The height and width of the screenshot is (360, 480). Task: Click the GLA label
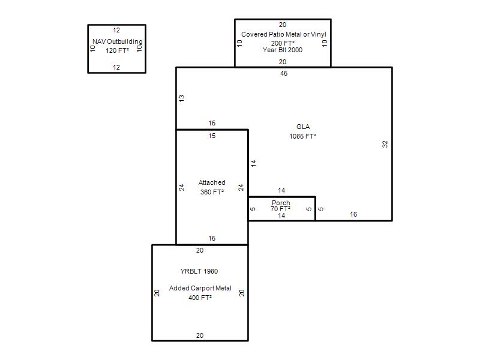(303, 127)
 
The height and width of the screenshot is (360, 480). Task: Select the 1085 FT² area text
(303, 136)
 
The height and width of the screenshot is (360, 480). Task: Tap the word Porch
(281, 203)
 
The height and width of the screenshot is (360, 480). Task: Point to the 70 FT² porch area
(281, 209)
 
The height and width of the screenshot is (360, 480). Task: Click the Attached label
(212, 182)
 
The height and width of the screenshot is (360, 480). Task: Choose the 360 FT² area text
(212, 192)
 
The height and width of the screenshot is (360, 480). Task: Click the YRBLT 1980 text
(199, 271)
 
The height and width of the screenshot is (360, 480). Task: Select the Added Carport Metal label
(200, 288)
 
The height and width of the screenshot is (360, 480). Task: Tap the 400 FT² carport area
(200, 298)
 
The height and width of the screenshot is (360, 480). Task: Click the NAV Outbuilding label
(118, 42)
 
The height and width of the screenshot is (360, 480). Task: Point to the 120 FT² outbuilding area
(118, 50)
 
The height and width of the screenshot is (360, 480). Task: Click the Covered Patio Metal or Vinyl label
(283, 35)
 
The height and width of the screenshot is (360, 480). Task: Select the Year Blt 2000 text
(283, 50)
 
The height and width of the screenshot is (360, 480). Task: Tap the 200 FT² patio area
(283, 43)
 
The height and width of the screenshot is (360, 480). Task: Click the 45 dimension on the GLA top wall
(284, 74)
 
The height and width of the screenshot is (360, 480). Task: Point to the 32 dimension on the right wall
(385, 144)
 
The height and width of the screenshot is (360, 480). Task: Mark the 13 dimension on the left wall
(182, 98)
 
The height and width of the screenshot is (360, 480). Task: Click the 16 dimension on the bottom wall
(353, 214)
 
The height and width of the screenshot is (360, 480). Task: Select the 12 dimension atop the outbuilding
(116, 30)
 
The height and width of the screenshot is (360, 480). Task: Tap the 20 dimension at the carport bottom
(200, 335)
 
